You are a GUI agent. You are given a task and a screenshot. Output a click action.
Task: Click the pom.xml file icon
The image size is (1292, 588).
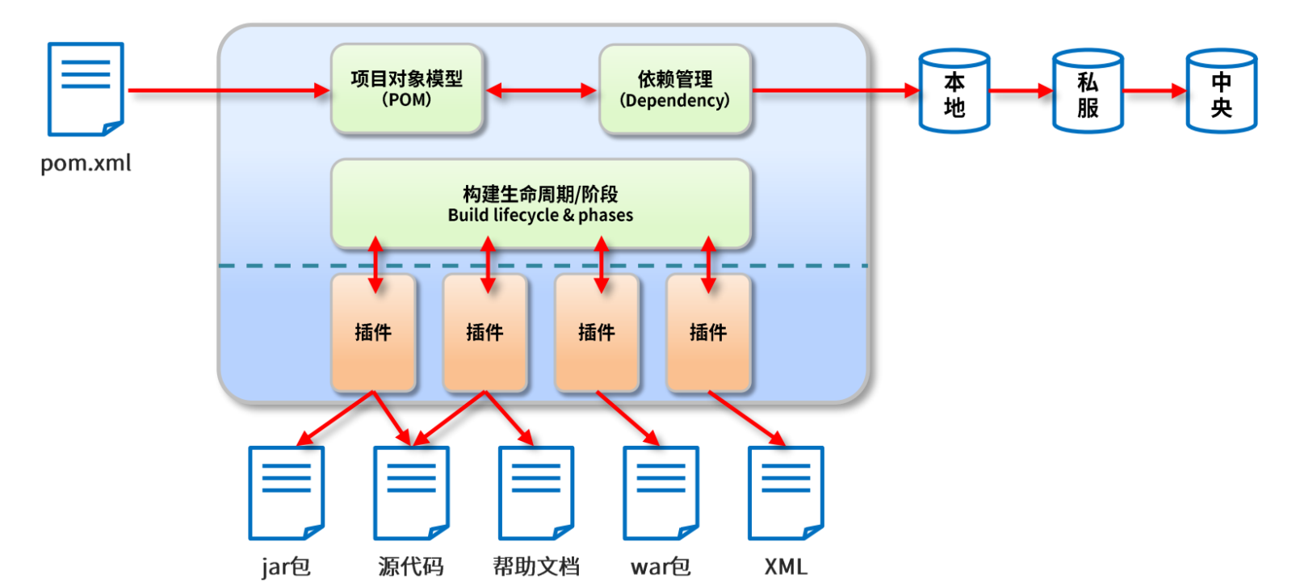tap(86, 89)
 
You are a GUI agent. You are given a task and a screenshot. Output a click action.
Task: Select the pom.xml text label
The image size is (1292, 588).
tap(86, 163)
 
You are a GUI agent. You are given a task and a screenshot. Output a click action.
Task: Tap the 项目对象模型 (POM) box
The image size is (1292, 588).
tap(407, 89)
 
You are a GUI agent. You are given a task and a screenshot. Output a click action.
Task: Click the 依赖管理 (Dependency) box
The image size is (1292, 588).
tap(675, 90)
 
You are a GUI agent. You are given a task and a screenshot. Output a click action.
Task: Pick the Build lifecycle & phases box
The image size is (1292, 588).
tap(541, 204)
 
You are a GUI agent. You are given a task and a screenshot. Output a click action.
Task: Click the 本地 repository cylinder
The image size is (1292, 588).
tap(954, 90)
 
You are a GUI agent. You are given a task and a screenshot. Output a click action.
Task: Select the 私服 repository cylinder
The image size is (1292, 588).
tap(1088, 90)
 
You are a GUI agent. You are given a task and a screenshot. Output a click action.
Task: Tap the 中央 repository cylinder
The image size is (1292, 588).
tap(1222, 90)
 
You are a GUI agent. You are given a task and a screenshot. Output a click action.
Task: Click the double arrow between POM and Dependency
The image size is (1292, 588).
tap(541, 90)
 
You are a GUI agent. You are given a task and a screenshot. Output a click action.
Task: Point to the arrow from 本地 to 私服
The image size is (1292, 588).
tap(1021, 90)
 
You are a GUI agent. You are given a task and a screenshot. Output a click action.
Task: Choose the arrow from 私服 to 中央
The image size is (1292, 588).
tap(1155, 90)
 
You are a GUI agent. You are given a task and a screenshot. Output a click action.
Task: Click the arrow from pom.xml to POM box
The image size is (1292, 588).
tap(229, 90)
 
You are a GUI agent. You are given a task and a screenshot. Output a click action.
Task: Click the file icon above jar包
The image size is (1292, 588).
tap(286, 493)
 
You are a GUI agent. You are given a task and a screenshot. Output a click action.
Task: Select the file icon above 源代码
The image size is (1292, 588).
tap(411, 493)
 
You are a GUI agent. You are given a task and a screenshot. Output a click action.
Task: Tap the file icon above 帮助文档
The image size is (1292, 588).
tap(536, 493)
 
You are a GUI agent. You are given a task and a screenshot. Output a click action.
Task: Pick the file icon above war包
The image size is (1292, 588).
tap(661, 493)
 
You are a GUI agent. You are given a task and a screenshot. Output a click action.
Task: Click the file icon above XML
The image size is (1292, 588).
tap(786, 493)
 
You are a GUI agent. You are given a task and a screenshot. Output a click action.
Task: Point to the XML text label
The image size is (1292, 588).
tap(786, 567)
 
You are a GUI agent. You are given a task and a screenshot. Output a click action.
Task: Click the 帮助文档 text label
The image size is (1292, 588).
tap(536, 567)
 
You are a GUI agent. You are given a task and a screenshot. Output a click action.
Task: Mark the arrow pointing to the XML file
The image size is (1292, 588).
tap(747, 418)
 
